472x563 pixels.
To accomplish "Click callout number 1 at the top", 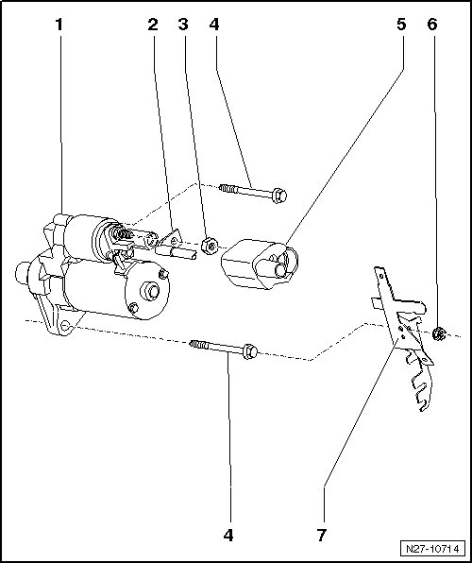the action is coord(59,25).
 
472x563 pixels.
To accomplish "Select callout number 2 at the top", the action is coord(153,25).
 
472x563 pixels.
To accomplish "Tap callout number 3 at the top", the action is coord(183,25).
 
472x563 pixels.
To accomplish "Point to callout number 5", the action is coord(401,25).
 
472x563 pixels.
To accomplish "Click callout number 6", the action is coord(432,25).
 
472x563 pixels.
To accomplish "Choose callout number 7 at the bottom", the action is coord(322,536).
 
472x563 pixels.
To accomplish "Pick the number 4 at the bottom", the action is coord(228,536).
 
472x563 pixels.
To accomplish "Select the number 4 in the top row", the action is coord(214,25).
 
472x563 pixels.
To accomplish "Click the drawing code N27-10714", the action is coord(432,549).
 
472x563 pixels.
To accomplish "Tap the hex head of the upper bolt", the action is coord(278,196).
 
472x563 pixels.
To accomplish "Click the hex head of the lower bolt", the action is coord(250,351).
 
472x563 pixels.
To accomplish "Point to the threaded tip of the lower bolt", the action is coord(198,345).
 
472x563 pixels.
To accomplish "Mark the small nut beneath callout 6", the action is coord(438,333).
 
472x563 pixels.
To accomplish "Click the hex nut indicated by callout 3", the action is coord(210,246).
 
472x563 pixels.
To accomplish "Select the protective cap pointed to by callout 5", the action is coord(260,264).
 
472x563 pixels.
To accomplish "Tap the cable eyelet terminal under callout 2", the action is coord(173,241).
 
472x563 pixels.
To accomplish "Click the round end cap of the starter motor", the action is coord(148,291).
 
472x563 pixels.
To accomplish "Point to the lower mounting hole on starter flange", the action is coord(65,326).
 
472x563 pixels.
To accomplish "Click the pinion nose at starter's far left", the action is coord(22,274).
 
